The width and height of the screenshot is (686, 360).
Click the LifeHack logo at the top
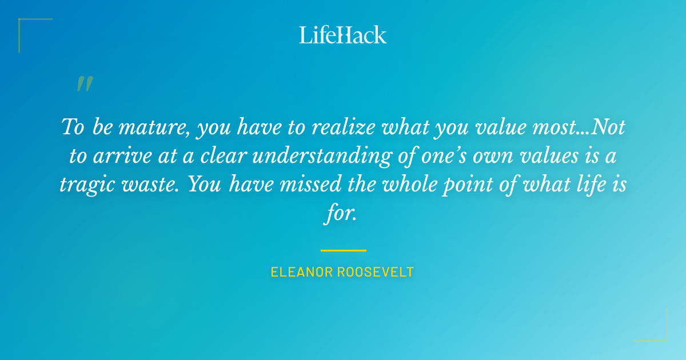click(x=342, y=35)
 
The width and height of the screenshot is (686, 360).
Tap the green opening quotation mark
click(x=85, y=85)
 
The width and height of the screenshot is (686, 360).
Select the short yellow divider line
click(x=343, y=250)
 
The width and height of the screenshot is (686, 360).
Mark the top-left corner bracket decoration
click(x=26, y=26)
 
